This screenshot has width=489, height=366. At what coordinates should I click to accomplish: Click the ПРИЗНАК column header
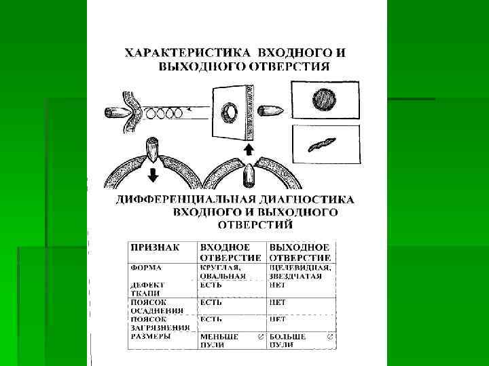coord(155,247)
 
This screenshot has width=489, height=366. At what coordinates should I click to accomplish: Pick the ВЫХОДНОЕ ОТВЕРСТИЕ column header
coord(300,252)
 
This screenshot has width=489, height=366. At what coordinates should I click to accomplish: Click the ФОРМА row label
coord(147,267)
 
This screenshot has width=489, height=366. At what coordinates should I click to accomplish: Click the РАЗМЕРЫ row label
coord(151,335)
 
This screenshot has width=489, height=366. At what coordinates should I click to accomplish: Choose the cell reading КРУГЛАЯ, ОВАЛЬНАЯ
coord(222,271)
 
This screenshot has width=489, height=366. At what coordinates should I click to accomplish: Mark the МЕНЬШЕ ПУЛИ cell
coord(219,340)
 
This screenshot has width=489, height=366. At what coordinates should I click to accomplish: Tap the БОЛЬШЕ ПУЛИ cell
coord(288,340)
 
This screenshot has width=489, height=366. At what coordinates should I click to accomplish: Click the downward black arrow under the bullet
coord(153,174)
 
